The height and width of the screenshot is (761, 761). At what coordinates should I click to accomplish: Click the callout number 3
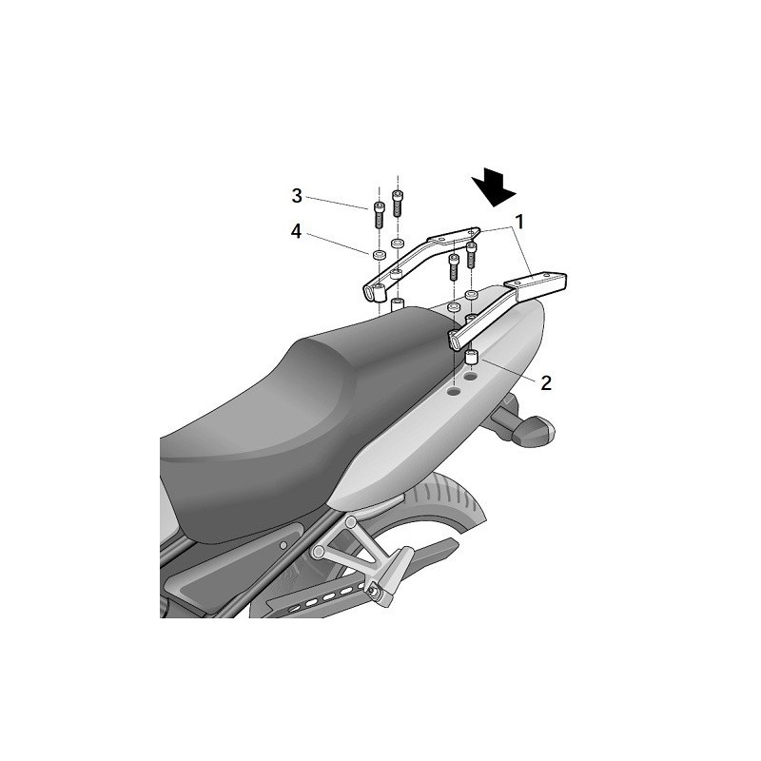297,196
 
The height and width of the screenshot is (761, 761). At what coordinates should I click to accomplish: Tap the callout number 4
297,230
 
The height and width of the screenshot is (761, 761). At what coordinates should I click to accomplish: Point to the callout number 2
545,382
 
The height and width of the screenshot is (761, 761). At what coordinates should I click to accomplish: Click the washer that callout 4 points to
379,254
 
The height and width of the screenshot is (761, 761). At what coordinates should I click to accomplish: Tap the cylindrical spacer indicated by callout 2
470,360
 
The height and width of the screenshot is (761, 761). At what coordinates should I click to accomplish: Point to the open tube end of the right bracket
457,341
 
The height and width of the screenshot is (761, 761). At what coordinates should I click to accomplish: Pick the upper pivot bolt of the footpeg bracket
351,523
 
